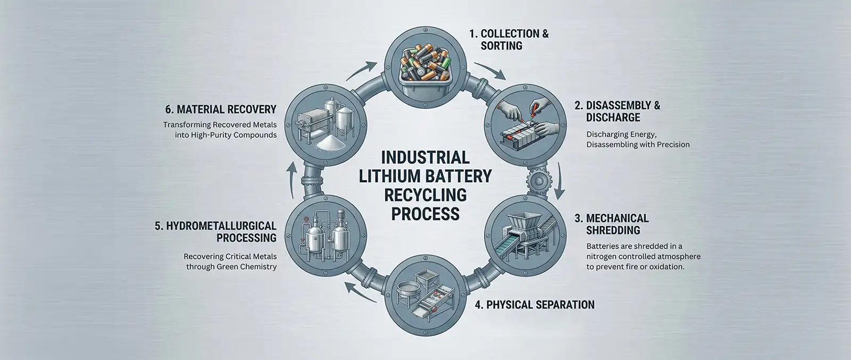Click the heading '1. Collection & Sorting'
tap(508, 40)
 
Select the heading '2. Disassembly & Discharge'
tap(617, 111)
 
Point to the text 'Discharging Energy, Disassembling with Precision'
tap(638, 139)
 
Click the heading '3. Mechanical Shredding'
tap(617, 224)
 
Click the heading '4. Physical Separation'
tap(534, 305)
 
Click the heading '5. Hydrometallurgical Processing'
tap(215, 232)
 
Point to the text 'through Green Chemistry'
tap(231, 266)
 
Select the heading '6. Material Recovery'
tap(220, 110)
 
